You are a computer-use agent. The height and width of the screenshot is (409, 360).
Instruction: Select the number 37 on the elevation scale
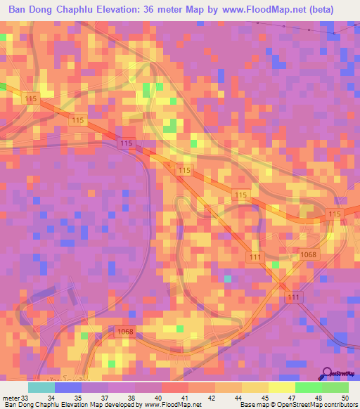[x=104, y=397]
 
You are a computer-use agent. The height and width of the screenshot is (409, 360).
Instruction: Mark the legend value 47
[x=290, y=397]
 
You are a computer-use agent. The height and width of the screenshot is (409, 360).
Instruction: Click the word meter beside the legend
[x=10, y=397]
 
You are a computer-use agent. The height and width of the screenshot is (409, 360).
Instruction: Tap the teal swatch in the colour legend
[x=41, y=387]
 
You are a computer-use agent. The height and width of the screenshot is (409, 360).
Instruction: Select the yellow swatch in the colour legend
[x=281, y=387]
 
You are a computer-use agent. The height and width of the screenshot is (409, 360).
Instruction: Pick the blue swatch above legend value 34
[x=68, y=387]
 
